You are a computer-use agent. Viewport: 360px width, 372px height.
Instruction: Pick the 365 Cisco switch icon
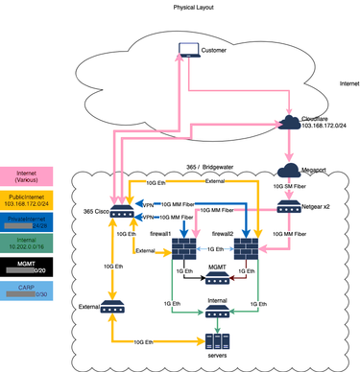[x=121, y=213]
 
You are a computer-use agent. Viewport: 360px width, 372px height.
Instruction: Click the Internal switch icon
[x=217, y=309]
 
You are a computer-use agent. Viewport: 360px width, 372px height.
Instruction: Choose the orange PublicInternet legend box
[x=36, y=201]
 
